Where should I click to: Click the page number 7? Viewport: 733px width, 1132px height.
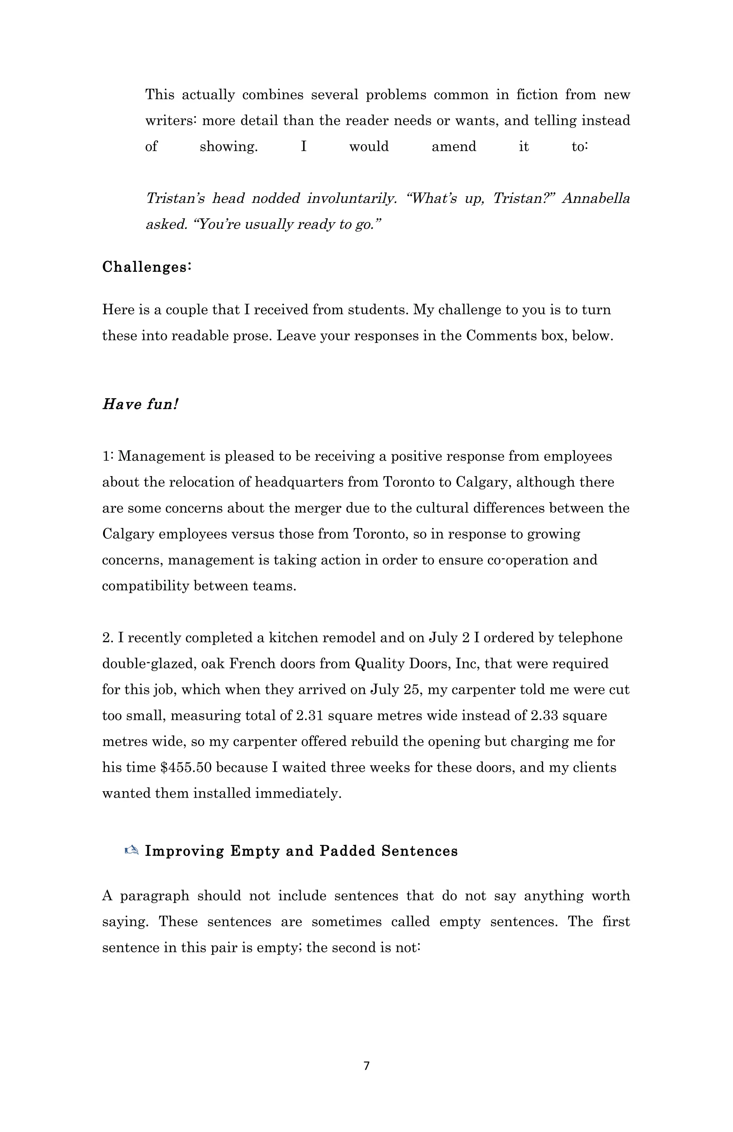(366, 1066)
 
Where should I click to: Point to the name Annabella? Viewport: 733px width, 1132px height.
(596, 198)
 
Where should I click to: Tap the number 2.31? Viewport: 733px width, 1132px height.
(310, 715)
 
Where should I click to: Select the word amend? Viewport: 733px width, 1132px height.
(453, 146)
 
